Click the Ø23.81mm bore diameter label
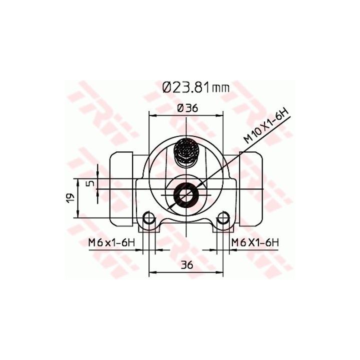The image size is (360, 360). [x=195, y=87]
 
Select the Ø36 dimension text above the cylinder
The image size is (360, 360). [x=186, y=107]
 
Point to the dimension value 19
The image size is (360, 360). [x=70, y=198]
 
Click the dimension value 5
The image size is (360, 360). [x=90, y=183]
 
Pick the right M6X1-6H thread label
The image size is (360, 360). [x=254, y=242]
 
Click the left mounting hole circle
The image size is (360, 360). [x=148, y=218]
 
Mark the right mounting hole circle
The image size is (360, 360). [x=222, y=218]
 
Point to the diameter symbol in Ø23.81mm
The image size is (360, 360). [x=167, y=87]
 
